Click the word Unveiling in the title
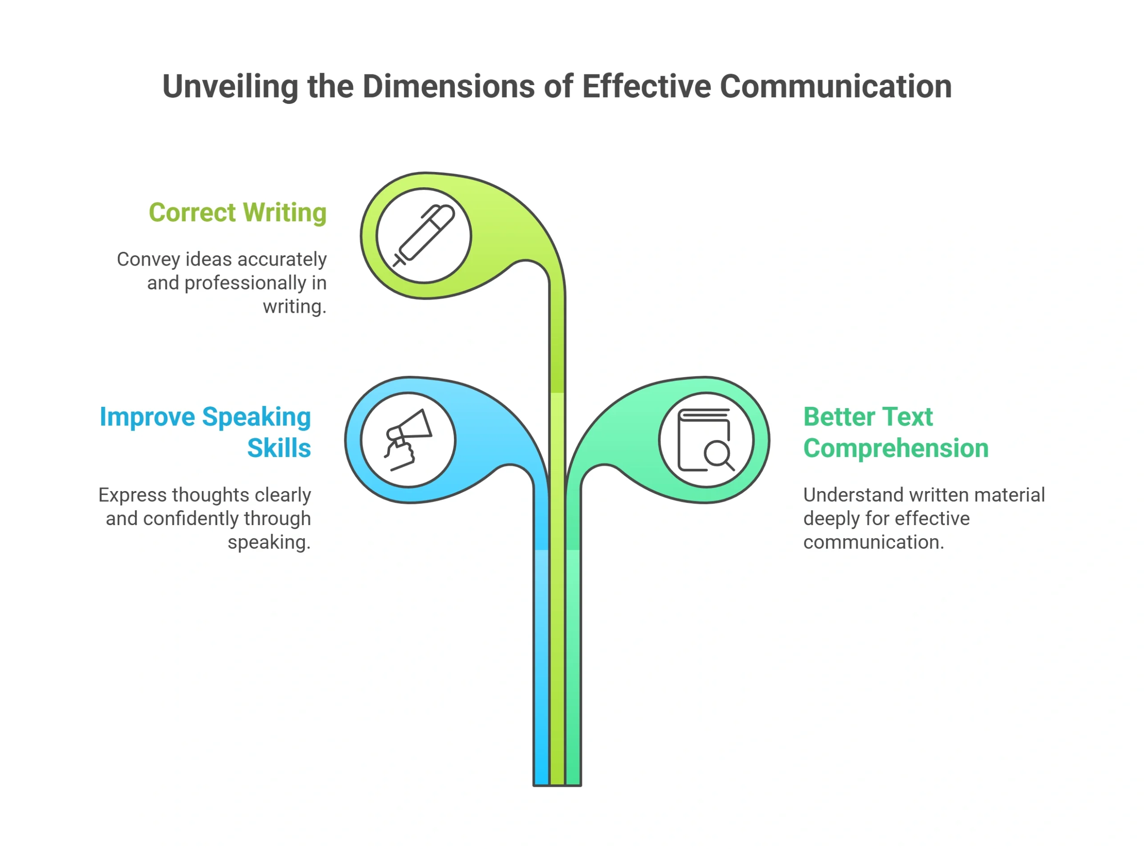(x=230, y=86)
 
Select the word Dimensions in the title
(x=449, y=86)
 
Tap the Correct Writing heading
(x=238, y=213)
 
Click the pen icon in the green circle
(x=423, y=235)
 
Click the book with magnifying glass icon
(x=706, y=440)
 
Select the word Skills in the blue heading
(x=279, y=448)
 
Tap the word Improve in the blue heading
(x=147, y=417)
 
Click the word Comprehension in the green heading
(x=896, y=448)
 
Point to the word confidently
(x=191, y=518)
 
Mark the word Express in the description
(x=133, y=496)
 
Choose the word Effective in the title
(x=646, y=86)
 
